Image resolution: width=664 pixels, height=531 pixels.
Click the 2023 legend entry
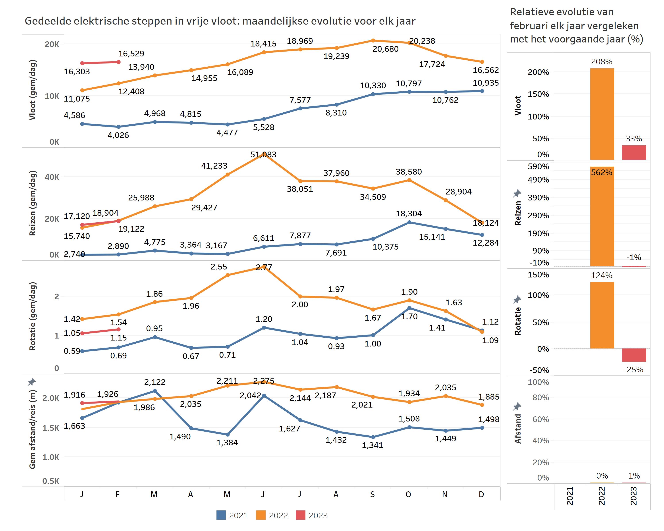pos(312,515)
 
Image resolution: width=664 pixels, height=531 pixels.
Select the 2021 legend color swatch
pos(221,515)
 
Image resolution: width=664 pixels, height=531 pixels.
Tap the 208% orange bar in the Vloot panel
pos(602,114)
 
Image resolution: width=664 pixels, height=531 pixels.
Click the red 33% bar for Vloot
pos(634,152)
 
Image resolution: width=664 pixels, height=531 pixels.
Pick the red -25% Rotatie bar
pos(634,355)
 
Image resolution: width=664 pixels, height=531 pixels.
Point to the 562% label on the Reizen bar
pos(602,173)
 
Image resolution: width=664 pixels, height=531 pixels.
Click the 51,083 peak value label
pos(263,154)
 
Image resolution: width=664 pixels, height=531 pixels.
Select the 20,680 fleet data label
pos(385,49)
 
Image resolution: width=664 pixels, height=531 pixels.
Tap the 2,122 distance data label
pos(155,382)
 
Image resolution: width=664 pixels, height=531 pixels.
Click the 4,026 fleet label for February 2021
pos(118,135)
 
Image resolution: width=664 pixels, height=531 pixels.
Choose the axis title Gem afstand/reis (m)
pos(33,429)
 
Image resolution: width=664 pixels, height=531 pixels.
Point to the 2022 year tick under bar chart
pos(602,496)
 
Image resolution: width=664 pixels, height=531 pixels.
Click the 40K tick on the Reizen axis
pos(52,177)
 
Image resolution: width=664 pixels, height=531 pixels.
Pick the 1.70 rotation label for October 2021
pos(409,316)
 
